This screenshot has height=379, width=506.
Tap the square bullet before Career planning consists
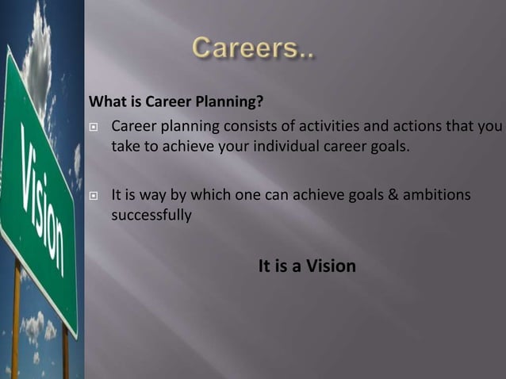[x=94, y=128]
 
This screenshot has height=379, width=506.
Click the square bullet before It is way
[x=94, y=195]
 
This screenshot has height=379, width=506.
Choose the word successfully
[x=151, y=214]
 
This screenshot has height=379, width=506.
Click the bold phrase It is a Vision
[x=307, y=266]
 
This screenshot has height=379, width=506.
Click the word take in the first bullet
[x=125, y=146]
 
